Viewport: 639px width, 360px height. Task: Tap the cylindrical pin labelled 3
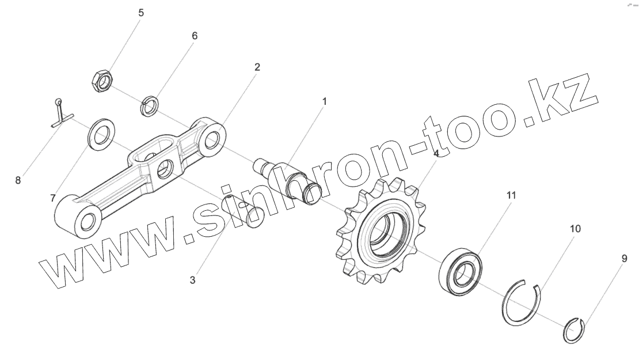(242, 211)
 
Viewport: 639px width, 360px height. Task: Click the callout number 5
(141, 13)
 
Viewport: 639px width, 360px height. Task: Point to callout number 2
(257, 67)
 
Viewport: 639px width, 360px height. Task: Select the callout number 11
(511, 195)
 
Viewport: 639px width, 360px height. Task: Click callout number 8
(18, 180)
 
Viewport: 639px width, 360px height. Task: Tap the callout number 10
(575, 229)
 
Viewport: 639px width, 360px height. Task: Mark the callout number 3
(193, 281)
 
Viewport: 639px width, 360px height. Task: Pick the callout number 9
(624, 259)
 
